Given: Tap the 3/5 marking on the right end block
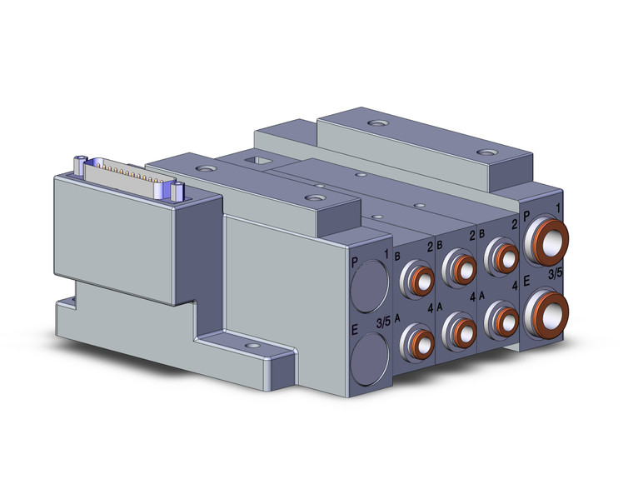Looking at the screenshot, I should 554,272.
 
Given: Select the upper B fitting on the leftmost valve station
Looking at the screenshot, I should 416,277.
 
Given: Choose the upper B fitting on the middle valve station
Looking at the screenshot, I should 457,264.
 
